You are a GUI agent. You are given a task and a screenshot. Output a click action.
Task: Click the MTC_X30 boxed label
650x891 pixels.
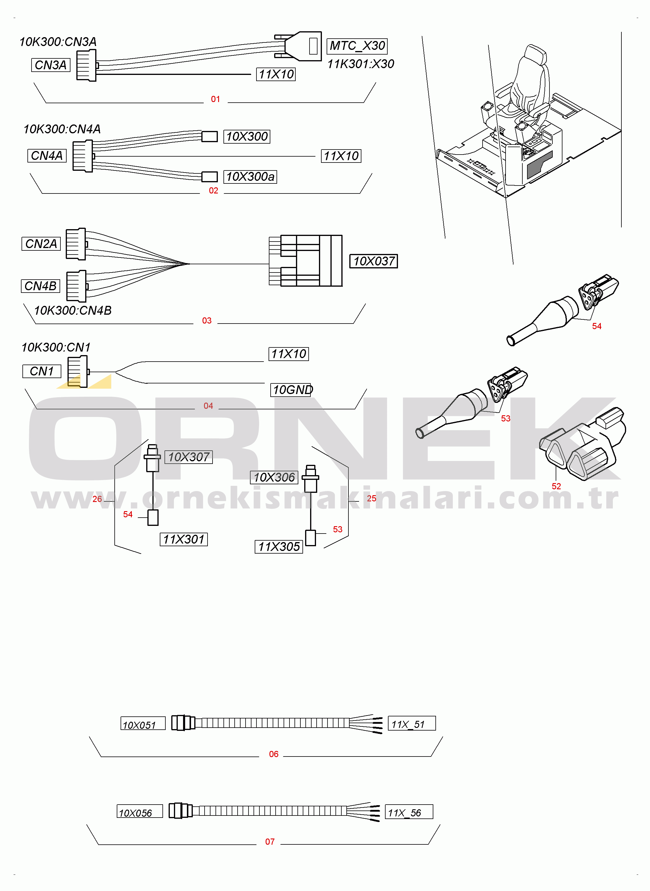coord(357,46)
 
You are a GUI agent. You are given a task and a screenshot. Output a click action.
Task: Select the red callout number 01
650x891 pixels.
coord(215,99)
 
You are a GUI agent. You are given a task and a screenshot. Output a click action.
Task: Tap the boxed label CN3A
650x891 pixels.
coord(51,65)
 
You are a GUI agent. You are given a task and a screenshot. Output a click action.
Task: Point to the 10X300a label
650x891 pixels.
coord(250,177)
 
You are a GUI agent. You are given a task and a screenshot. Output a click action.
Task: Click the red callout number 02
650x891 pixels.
coord(213,191)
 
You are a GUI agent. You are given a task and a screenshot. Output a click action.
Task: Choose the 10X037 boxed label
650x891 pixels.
coord(374,261)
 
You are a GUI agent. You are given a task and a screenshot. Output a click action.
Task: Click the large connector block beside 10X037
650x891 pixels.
coord(306,260)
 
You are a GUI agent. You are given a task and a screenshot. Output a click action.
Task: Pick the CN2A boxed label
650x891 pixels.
coord(41,244)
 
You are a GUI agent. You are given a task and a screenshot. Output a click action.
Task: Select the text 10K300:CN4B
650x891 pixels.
coord(73,311)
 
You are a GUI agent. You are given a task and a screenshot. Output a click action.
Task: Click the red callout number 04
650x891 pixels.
coord(208,406)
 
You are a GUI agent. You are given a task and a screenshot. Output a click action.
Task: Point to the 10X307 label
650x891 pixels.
coord(188,457)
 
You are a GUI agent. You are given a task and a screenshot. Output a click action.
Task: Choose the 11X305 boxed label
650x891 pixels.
coord(279,547)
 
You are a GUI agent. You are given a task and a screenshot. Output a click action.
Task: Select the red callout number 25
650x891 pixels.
coord(371,498)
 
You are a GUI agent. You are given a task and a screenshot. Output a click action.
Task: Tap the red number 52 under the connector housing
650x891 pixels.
coord(556,486)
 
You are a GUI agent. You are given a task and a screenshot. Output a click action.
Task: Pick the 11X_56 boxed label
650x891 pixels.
coord(409,811)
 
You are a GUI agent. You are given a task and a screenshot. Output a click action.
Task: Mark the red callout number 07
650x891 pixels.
coord(270,841)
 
